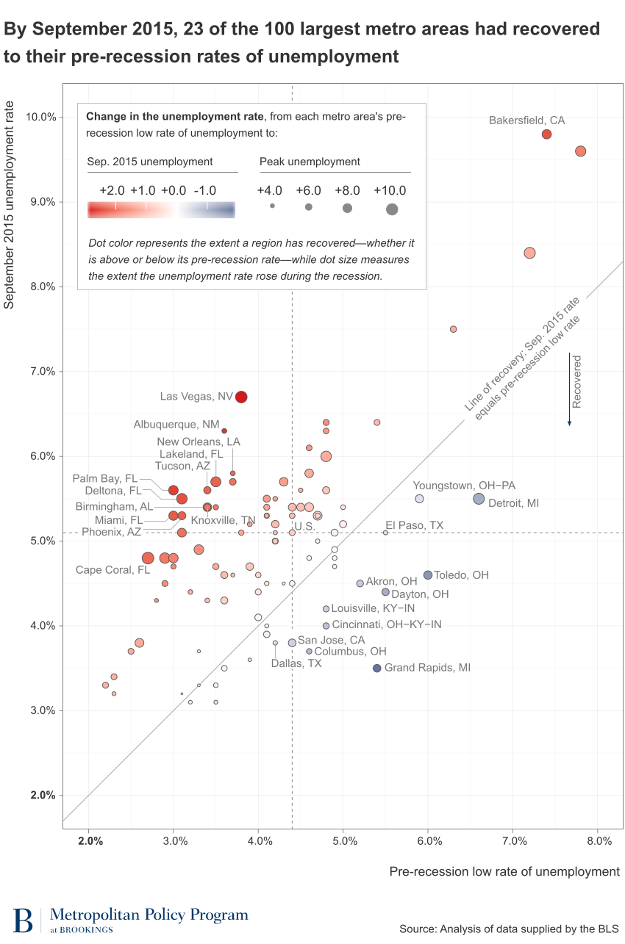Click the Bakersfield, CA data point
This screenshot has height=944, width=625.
coord(546,134)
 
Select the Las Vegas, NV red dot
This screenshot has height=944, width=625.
coord(241,397)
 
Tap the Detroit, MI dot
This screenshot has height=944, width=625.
coord(479,499)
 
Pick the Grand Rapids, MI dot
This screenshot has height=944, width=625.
coord(377,669)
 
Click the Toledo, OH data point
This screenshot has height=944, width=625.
coord(428,575)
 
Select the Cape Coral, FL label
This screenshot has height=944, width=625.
coord(113,570)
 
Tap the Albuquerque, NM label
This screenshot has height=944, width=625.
coord(176,425)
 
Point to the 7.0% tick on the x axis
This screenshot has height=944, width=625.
coord(514,840)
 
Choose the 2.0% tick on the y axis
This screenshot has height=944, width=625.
coord(41,796)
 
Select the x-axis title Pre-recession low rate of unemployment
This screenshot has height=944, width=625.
coord(504,871)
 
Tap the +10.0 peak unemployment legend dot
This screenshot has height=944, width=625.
coord(392,209)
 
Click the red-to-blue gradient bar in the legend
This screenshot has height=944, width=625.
coord(161,209)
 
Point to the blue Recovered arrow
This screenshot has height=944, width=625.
coord(569,389)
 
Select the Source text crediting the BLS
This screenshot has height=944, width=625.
coord(509,929)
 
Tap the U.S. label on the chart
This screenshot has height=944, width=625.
coord(304,527)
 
